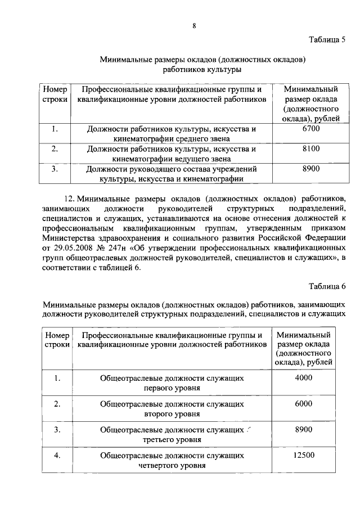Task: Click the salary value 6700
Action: (x=310, y=129)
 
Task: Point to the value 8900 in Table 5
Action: (x=310, y=168)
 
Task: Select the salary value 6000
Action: (x=303, y=404)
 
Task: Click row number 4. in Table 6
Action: (x=57, y=454)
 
